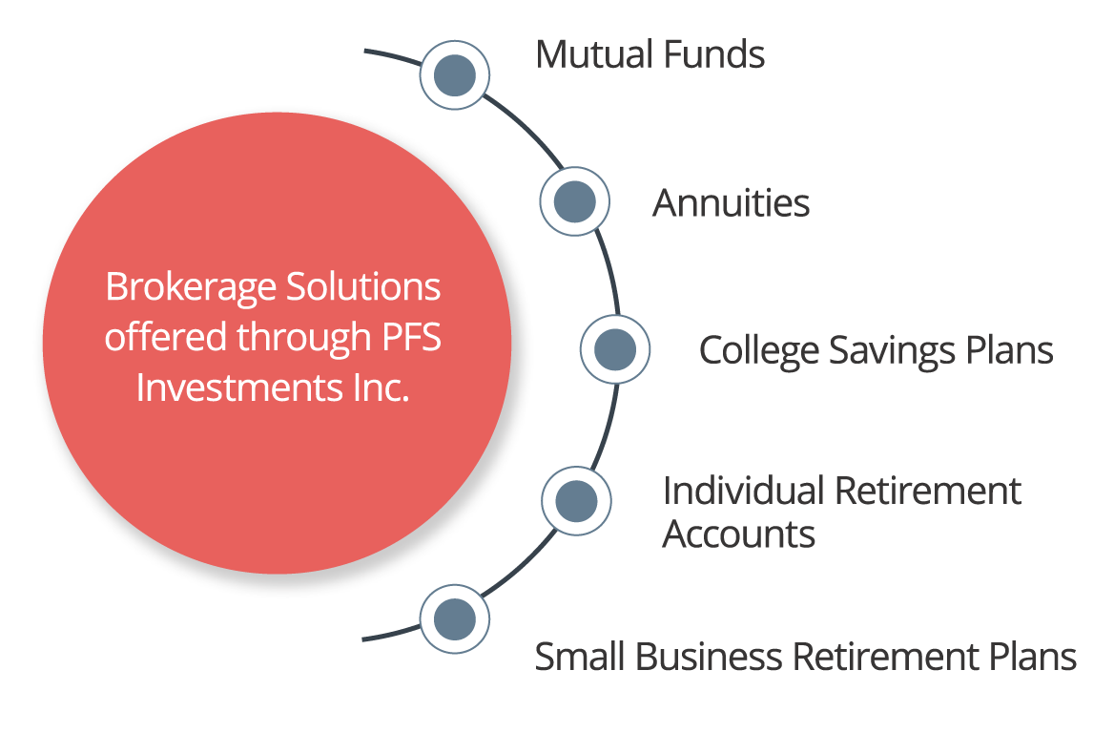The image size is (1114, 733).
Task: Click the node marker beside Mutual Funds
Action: tap(455, 74)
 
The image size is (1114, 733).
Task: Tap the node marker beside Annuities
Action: tap(574, 201)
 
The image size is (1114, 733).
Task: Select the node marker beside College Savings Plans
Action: tap(615, 349)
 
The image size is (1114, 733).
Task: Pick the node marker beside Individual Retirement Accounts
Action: tap(576, 500)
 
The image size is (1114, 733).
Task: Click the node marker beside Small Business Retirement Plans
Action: tap(455, 618)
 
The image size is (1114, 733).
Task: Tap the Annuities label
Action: tap(731, 203)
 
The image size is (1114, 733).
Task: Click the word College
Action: tap(759, 351)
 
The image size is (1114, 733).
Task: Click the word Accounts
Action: tap(739, 534)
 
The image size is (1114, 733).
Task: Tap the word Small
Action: tap(580, 658)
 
